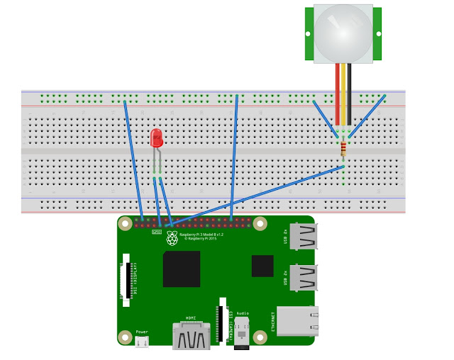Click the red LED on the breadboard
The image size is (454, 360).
(x=157, y=138)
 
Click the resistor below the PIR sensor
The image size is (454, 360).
(x=344, y=148)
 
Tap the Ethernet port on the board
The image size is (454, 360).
(x=297, y=320)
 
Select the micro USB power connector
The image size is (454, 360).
(x=143, y=342)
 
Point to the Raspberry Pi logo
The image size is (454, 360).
(x=172, y=238)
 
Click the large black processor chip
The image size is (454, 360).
(x=181, y=269)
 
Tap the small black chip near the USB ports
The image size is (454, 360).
(x=262, y=266)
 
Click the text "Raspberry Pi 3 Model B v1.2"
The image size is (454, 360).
(x=202, y=235)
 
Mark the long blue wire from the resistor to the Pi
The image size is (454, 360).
(x=255, y=194)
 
